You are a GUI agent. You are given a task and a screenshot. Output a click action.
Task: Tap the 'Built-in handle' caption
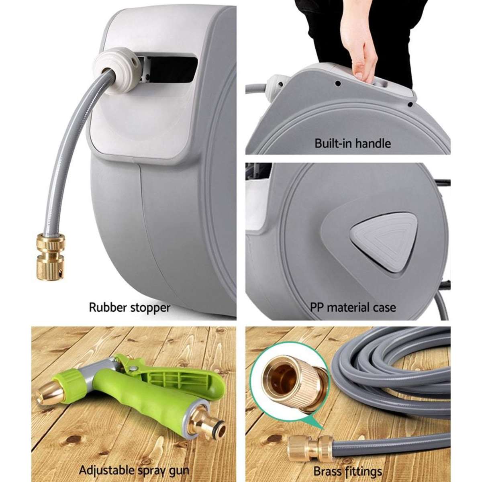point(353,143)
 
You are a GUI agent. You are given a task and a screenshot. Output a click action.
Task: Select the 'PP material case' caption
point(353,308)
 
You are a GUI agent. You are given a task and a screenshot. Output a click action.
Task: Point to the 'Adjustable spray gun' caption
point(134,470)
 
